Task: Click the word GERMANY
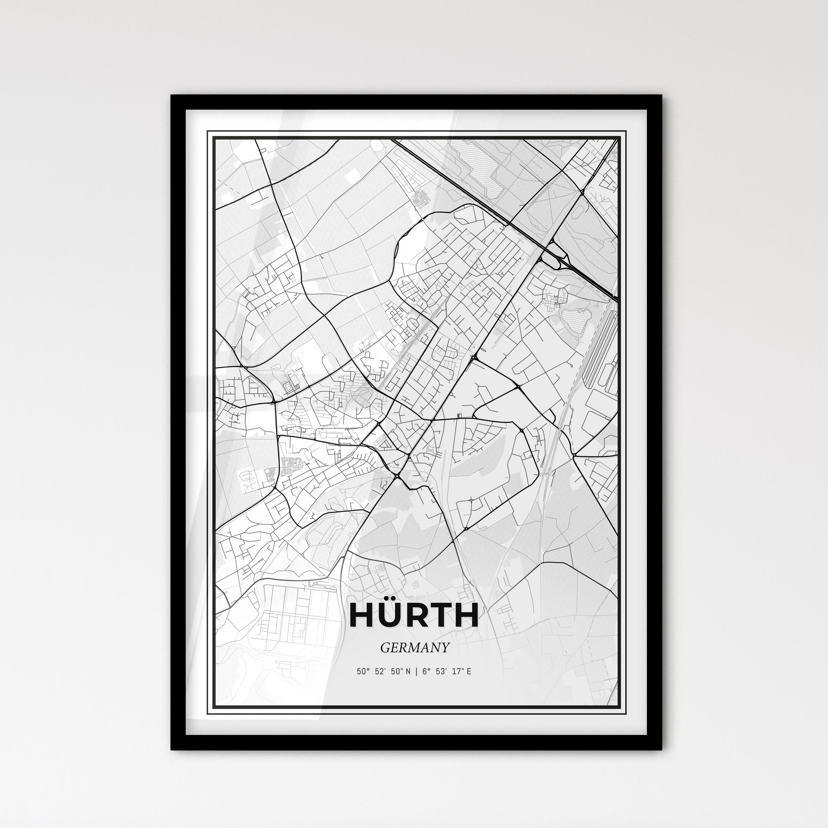[414, 648]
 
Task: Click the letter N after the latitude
[408, 672]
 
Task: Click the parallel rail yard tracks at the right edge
[600, 347]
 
